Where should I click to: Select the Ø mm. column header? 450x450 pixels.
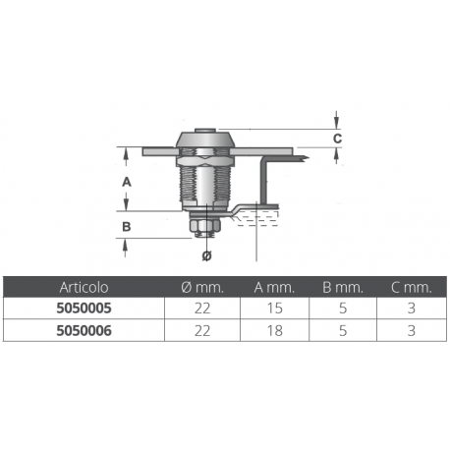204,288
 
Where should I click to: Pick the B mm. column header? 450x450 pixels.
343,288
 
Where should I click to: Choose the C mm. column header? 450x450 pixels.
411,288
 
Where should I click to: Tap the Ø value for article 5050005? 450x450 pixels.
204,309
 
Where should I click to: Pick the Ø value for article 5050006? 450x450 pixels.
204,331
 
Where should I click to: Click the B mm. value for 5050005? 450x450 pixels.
343,309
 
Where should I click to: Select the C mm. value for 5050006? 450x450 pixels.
411,331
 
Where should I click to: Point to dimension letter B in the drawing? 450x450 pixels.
126,227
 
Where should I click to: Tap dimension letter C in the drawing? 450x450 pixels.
337,140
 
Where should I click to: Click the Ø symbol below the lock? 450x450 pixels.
206,255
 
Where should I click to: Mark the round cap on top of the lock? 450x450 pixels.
205,139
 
